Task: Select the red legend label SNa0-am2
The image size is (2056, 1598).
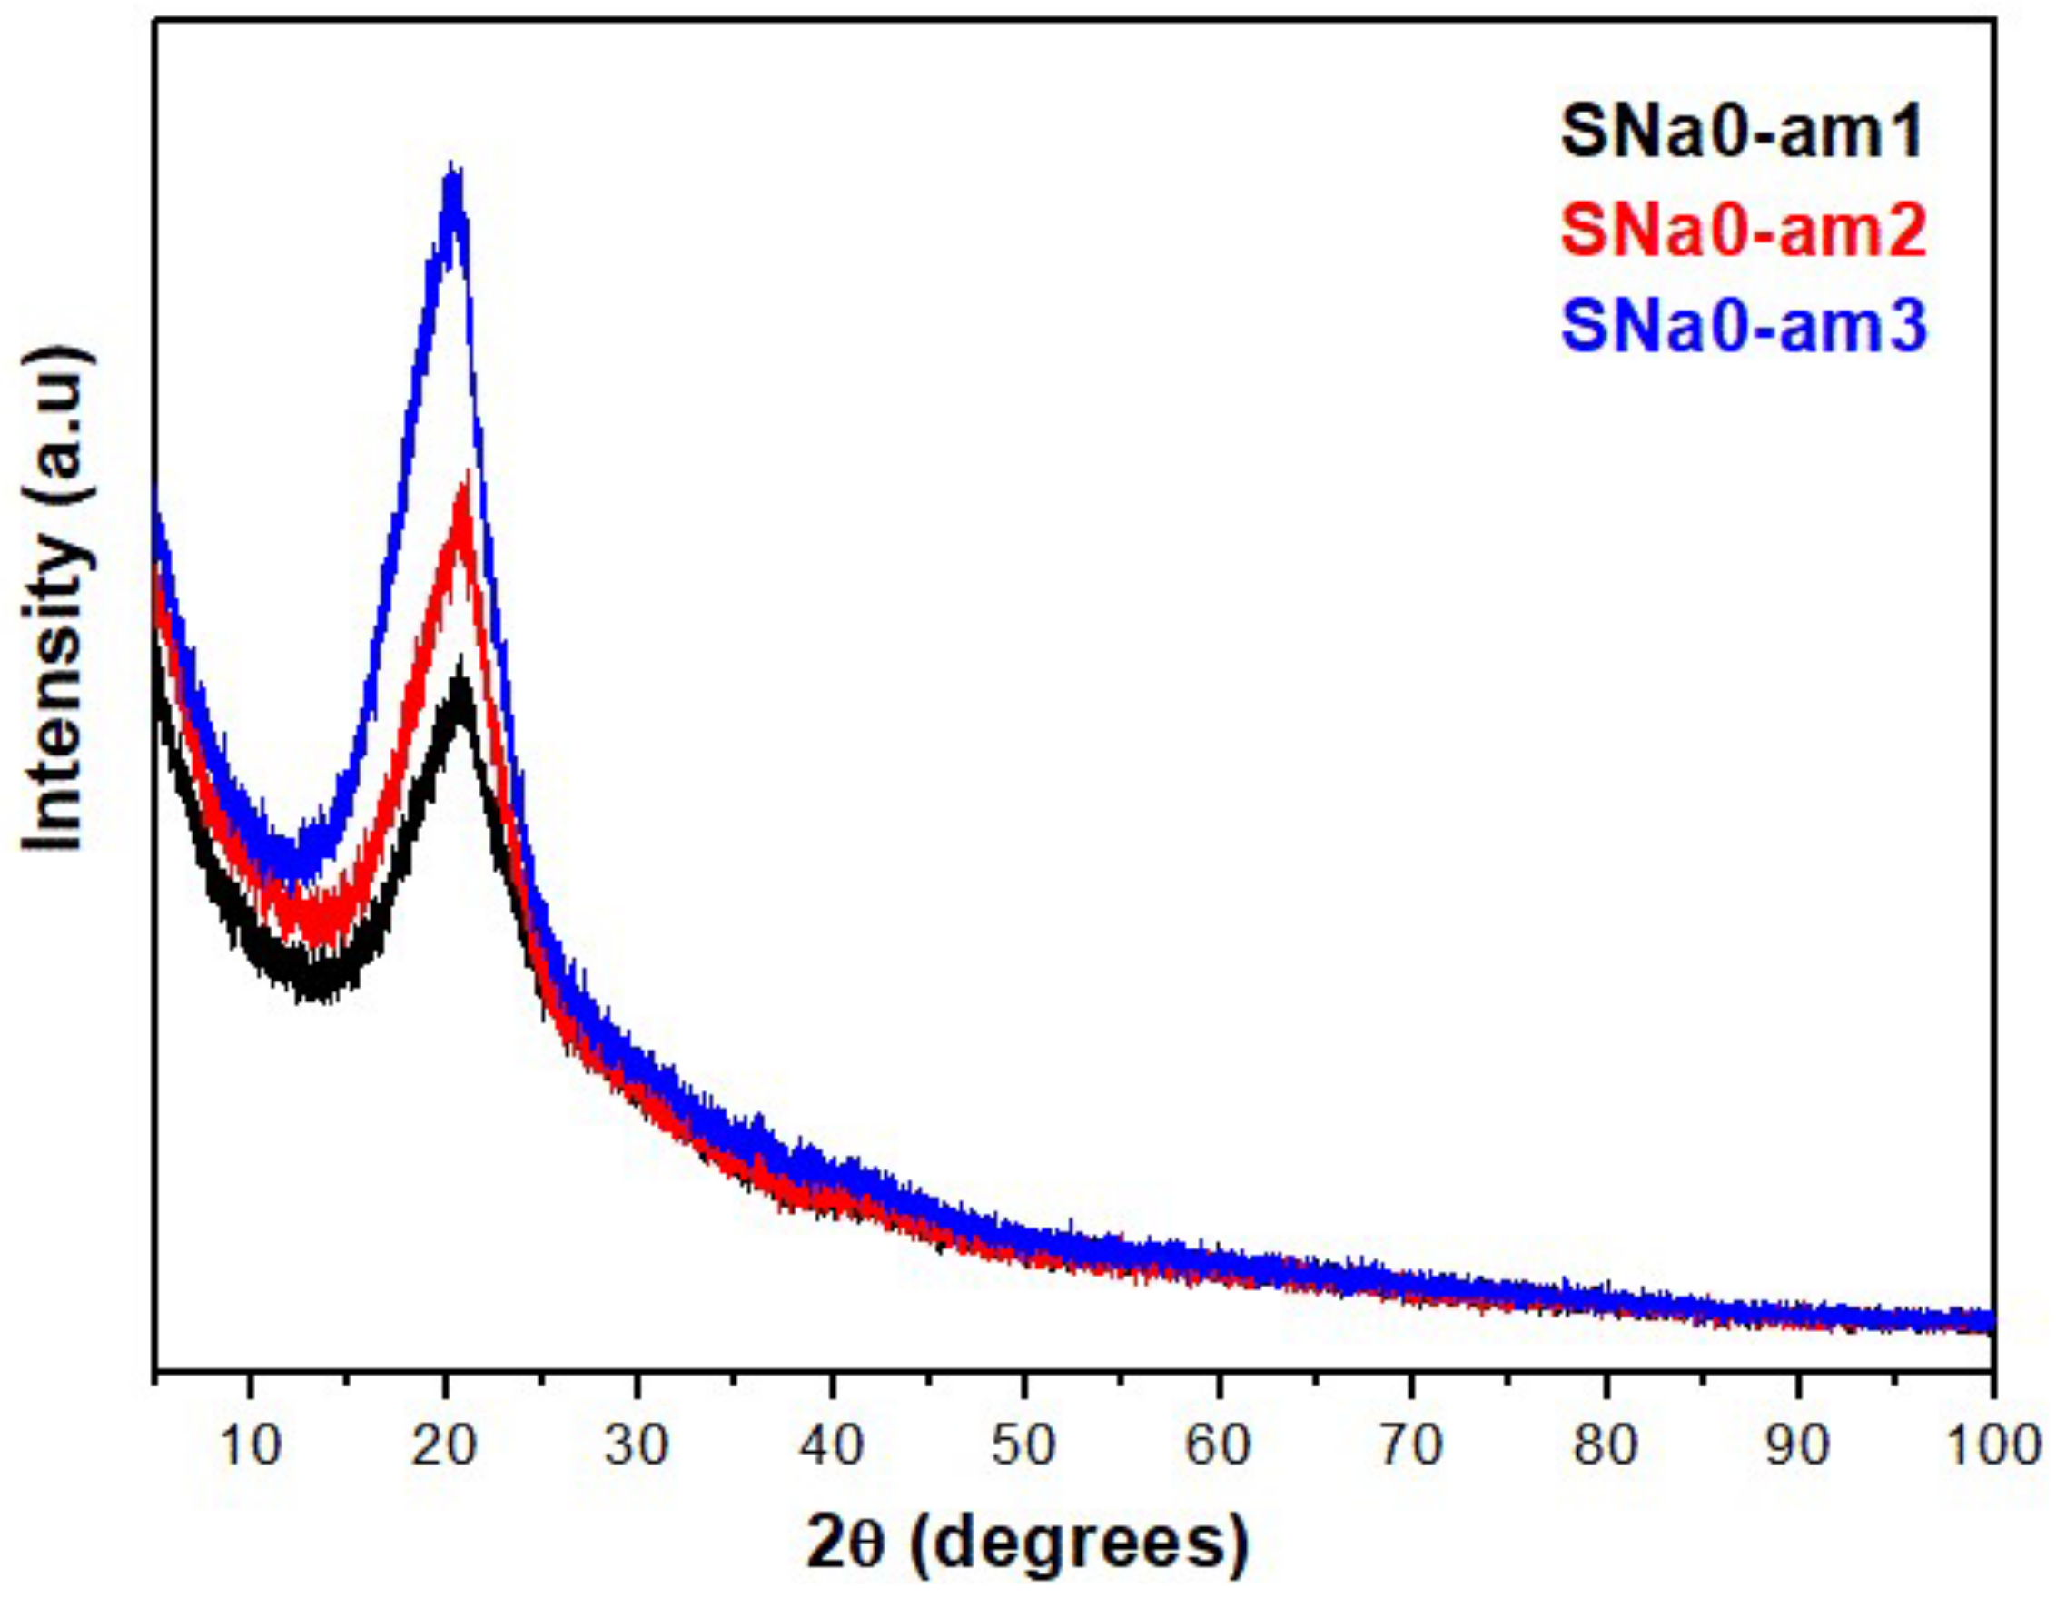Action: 1742,232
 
